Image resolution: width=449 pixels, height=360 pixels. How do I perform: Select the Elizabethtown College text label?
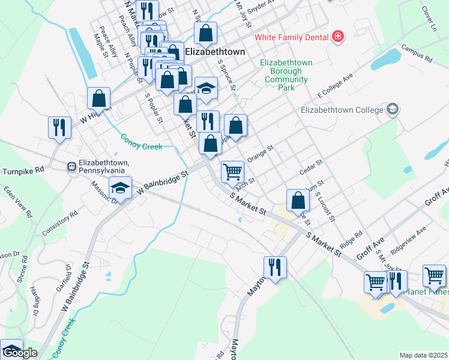click(342, 110)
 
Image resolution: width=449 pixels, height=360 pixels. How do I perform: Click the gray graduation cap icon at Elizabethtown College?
click(393, 109)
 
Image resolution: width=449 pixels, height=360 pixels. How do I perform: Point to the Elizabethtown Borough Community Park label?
click(286, 75)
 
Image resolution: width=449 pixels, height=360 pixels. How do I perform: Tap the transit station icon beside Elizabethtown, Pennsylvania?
click(71, 165)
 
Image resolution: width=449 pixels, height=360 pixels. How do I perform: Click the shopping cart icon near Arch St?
click(232, 171)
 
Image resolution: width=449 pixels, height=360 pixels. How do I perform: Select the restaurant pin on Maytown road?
click(275, 266)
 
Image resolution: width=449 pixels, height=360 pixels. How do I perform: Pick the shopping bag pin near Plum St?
click(298, 200)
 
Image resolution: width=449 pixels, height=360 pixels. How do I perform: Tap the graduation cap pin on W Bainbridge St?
click(121, 188)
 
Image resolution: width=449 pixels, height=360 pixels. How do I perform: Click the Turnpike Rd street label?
click(23, 170)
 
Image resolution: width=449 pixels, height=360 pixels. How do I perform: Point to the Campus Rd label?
click(417, 55)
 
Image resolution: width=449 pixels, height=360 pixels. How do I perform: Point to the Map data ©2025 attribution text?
click(423, 356)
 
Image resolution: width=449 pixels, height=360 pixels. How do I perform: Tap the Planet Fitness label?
click(428, 292)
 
